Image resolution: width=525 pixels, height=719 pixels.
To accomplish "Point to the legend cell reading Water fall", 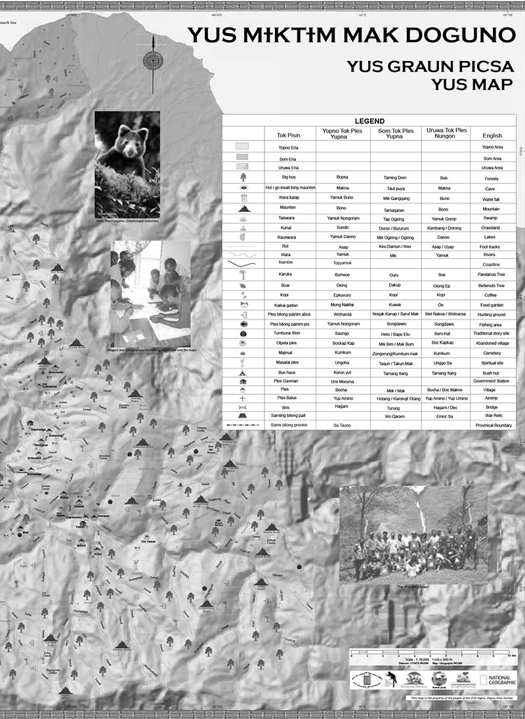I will click(x=492, y=198).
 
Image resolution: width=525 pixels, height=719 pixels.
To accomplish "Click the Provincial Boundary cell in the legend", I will click(x=492, y=425).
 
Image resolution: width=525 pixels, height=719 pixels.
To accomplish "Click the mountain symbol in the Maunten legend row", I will click(x=243, y=209).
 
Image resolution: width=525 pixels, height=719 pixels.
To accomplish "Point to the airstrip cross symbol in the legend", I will click(x=243, y=398).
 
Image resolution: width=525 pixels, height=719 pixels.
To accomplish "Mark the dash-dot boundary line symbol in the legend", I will click(x=243, y=425).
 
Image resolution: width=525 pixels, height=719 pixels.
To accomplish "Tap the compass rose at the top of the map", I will click(x=152, y=62).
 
